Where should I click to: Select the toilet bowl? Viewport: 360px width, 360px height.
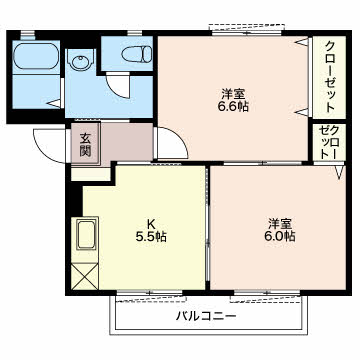[x=130, y=56]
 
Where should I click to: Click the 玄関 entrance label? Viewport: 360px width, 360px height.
[x=85, y=146]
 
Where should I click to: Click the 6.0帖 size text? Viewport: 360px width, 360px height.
[x=279, y=237]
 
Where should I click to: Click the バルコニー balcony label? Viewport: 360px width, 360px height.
[x=207, y=316]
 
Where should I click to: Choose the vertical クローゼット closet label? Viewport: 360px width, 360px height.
[x=327, y=75]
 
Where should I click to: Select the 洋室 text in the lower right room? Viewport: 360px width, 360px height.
[x=279, y=222]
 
